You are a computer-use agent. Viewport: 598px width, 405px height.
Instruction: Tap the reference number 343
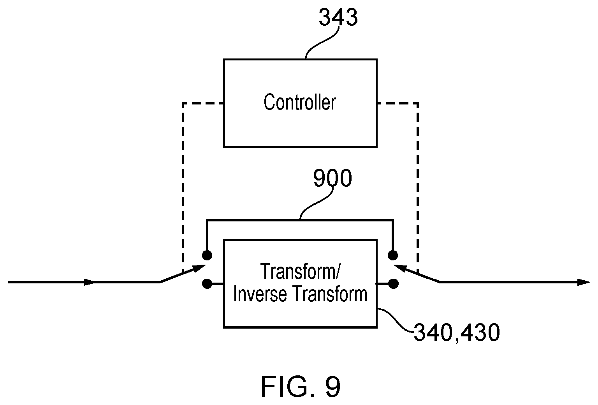coord(338,18)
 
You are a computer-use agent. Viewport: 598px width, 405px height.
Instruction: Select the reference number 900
coord(332,178)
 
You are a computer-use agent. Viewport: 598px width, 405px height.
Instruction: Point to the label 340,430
coord(457,333)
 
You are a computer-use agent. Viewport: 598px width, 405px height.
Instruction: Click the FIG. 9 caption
coord(301,387)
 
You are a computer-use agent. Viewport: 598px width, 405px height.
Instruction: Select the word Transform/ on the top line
coord(300,271)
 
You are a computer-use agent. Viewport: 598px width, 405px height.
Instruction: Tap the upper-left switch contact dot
coord(207,255)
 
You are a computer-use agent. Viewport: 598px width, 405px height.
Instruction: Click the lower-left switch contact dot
coord(207,284)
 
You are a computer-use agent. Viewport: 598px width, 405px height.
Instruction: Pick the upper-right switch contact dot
coord(393,255)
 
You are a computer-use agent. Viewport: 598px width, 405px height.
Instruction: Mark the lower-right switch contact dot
coord(393,284)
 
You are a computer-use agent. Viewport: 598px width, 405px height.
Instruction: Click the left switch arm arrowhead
coord(199,268)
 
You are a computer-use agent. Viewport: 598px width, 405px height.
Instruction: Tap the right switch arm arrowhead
coord(401,268)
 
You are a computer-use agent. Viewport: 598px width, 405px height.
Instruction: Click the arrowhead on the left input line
coord(89,282)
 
